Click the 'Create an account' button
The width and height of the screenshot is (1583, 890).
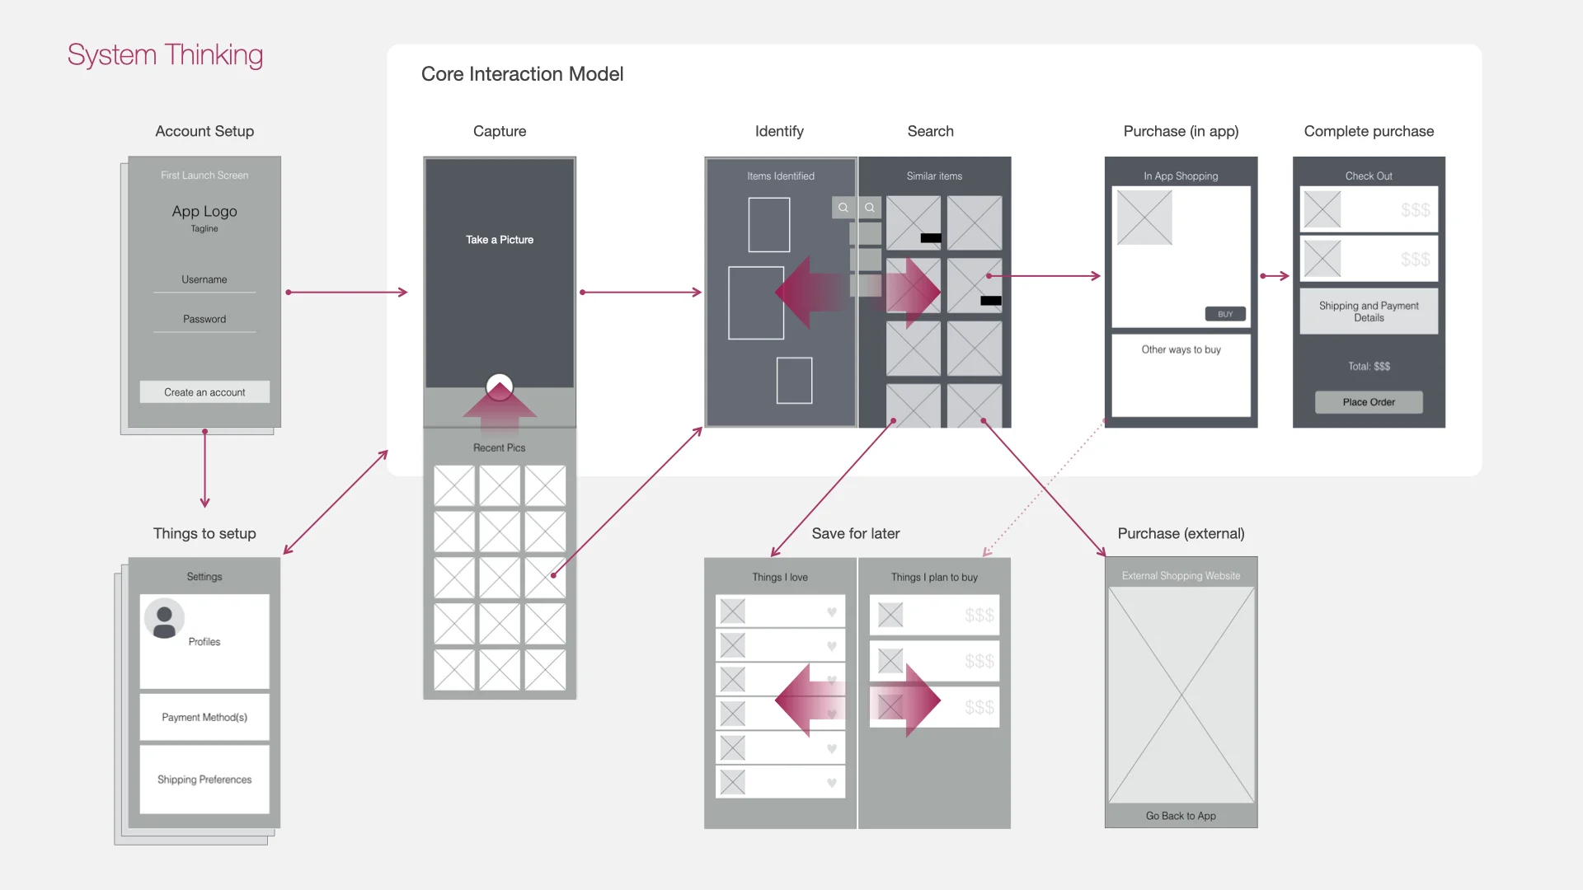[204, 392]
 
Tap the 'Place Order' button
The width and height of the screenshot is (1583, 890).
[1369, 402]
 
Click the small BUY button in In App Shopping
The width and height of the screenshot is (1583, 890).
[1225, 314]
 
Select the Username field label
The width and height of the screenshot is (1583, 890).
[204, 279]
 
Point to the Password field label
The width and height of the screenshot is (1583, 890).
[204, 319]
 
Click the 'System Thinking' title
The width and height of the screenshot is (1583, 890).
[165, 55]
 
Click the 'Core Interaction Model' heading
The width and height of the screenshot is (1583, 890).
[522, 74]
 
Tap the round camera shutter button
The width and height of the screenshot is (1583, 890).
[500, 386]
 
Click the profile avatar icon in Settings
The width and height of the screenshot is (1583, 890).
[165, 619]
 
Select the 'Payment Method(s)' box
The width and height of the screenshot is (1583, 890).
[204, 717]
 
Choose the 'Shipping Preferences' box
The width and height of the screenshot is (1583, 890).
[204, 780]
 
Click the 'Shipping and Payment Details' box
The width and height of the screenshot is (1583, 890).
[1369, 311]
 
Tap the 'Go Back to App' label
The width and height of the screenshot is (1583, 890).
[1181, 816]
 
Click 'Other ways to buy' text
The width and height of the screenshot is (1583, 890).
[1181, 349]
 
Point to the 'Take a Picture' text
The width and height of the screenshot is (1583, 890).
[500, 240]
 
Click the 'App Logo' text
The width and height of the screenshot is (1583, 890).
[204, 211]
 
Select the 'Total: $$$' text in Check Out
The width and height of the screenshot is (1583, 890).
[1369, 366]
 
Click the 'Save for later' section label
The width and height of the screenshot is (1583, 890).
[856, 533]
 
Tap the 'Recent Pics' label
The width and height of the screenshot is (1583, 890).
[500, 447]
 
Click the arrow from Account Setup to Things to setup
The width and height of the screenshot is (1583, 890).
[204, 469]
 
